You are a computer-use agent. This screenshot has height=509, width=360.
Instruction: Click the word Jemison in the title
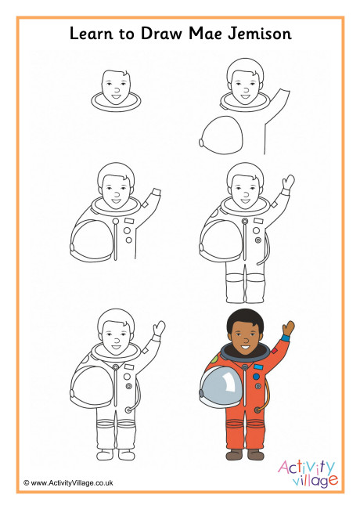point(259,34)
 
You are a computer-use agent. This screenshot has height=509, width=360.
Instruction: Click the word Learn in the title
point(92,34)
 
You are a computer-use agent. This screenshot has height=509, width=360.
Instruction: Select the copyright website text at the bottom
point(68,482)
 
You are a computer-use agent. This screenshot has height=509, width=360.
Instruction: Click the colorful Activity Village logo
point(308,473)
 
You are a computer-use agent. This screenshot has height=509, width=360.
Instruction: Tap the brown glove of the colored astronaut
point(288,329)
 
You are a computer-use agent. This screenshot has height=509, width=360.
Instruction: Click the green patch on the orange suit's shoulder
point(214,359)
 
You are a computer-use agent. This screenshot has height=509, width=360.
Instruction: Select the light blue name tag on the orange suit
point(258,367)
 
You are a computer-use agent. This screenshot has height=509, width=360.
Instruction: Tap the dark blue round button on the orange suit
point(256,377)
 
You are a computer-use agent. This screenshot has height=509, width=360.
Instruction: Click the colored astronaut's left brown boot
point(234,454)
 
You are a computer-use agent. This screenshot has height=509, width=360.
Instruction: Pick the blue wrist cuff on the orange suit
point(286,338)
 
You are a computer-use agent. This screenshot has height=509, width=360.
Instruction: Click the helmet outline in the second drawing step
point(221,135)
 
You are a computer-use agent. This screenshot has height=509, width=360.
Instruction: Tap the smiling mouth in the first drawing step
point(116,96)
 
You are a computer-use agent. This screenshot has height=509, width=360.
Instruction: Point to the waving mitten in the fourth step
point(288,182)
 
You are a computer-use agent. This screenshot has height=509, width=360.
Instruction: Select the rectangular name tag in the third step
point(129,221)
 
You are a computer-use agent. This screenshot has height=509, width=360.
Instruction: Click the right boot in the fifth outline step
point(127,454)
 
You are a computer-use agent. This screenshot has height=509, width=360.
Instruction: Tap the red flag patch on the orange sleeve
point(275,351)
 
